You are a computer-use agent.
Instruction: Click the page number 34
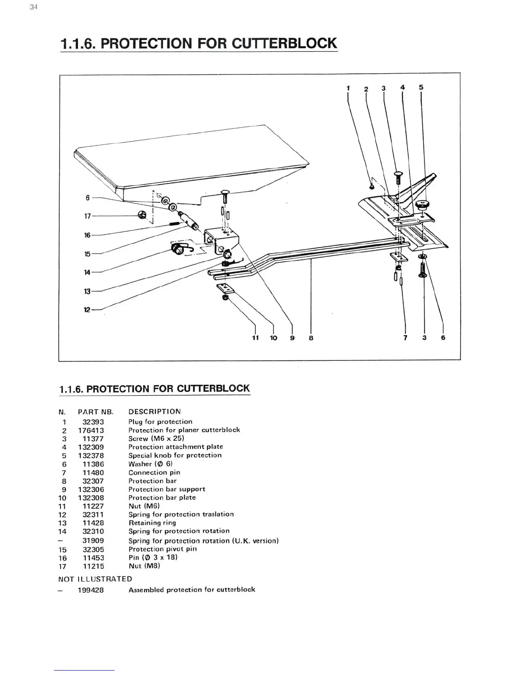click(x=34, y=7)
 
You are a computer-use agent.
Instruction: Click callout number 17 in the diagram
click(x=87, y=216)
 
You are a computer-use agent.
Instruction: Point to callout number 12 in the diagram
click(x=87, y=310)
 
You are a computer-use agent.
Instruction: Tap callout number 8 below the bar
click(x=311, y=338)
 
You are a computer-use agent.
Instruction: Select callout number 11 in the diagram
click(x=255, y=338)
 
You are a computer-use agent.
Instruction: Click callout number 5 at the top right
click(x=421, y=87)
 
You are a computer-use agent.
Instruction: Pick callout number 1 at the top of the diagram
click(x=348, y=88)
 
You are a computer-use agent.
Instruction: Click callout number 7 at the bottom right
click(x=405, y=338)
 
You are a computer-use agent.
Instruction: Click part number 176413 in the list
click(x=91, y=430)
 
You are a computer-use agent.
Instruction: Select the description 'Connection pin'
click(x=154, y=472)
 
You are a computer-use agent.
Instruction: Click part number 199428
click(x=91, y=590)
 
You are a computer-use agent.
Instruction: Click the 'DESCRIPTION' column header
click(x=155, y=411)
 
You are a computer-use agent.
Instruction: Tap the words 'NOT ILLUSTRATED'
click(x=95, y=579)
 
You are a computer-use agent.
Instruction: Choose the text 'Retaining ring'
click(x=152, y=523)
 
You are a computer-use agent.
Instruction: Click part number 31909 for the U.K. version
click(x=93, y=541)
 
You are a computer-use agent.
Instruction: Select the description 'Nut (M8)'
click(x=144, y=566)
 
